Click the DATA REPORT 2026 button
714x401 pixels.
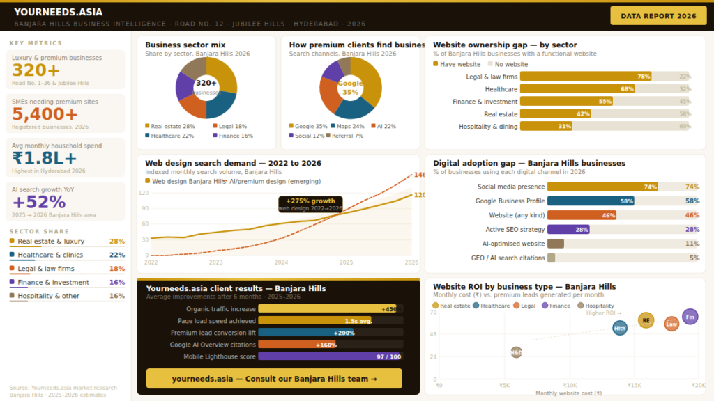pyautogui.click(x=658, y=15)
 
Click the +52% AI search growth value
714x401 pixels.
pyautogui.click(x=39, y=202)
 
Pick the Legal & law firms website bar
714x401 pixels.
pyautogui.click(x=586, y=77)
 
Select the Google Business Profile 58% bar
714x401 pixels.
pyautogui.click(x=591, y=200)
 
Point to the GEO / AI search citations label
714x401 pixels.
pyautogui.click(x=508, y=258)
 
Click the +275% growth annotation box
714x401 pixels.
pyautogui.click(x=310, y=203)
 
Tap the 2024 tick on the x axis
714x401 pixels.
pyautogui.click(x=281, y=262)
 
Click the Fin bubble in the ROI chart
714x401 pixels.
pyautogui.click(x=690, y=317)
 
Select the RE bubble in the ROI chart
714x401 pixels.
pyautogui.click(x=646, y=320)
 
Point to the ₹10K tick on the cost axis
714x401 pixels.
pyautogui.click(x=570, y=385)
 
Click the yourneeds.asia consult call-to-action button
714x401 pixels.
pyautogui.click(x=274, y=379)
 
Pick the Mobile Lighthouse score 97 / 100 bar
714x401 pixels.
pyautogui.click(x=331, y=356)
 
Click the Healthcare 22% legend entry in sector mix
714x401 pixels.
pyautogui.click(x=169, y=136)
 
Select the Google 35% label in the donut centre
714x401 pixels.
pyautogui.click(x=350, y=88)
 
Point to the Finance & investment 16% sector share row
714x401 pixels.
pyautogui.click(x=67, y=282)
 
